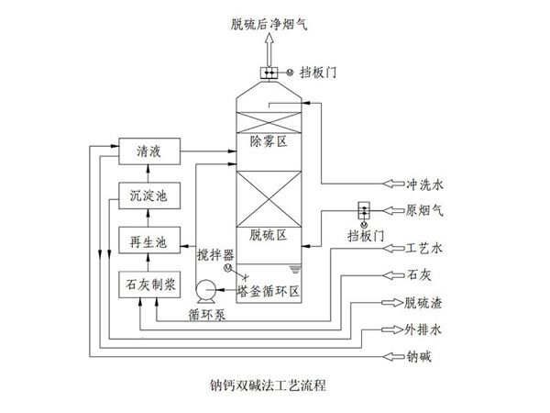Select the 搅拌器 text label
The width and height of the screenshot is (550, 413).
pos(215,253)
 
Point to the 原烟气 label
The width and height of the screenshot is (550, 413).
pos(424,210)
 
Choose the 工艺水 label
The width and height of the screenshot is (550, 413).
pos(424,248)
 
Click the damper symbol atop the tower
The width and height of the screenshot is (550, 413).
pos(270,73)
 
